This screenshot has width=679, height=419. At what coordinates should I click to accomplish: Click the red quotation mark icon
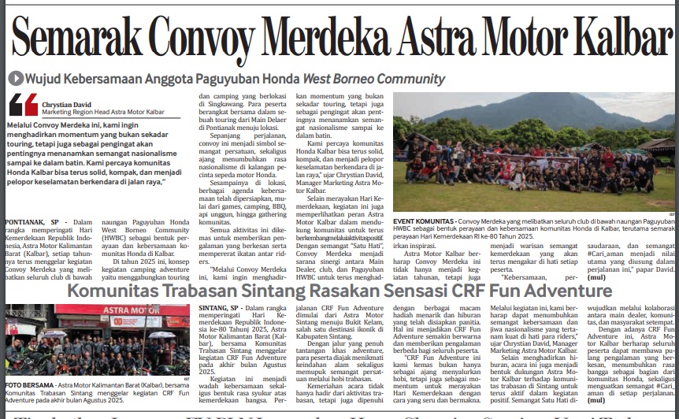[24, 105]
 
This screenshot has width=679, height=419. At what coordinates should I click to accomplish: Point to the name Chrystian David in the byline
[66, 103]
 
